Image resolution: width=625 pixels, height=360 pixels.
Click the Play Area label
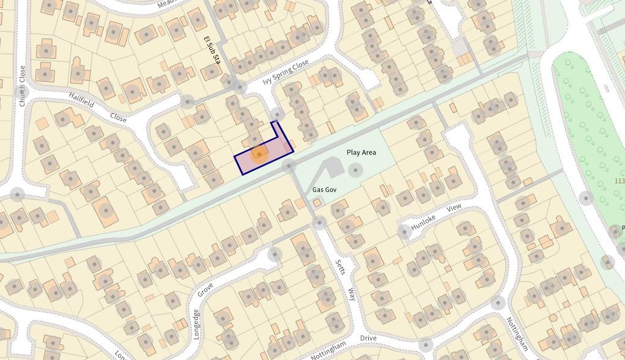[x=361, y=152]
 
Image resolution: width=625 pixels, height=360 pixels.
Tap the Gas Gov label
[x=325, y=190]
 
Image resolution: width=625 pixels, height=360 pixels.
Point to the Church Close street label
[x=23, y=86]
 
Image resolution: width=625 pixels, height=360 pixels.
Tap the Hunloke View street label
[x=436, y=217]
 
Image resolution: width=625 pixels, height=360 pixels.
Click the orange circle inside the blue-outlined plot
[x=259, y=154]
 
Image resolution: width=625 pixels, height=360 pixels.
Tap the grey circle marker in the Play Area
[x=355, y=170]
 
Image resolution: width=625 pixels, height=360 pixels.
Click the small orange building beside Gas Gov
[x=317, y=202]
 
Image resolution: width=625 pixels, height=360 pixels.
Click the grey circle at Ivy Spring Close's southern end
[x=278, y=114]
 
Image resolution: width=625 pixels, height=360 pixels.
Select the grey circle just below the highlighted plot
[x=288, y=166]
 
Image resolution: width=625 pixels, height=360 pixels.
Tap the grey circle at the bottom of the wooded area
[x=607, y=262]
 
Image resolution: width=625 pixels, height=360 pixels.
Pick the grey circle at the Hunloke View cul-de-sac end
[x=404, y=232]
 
